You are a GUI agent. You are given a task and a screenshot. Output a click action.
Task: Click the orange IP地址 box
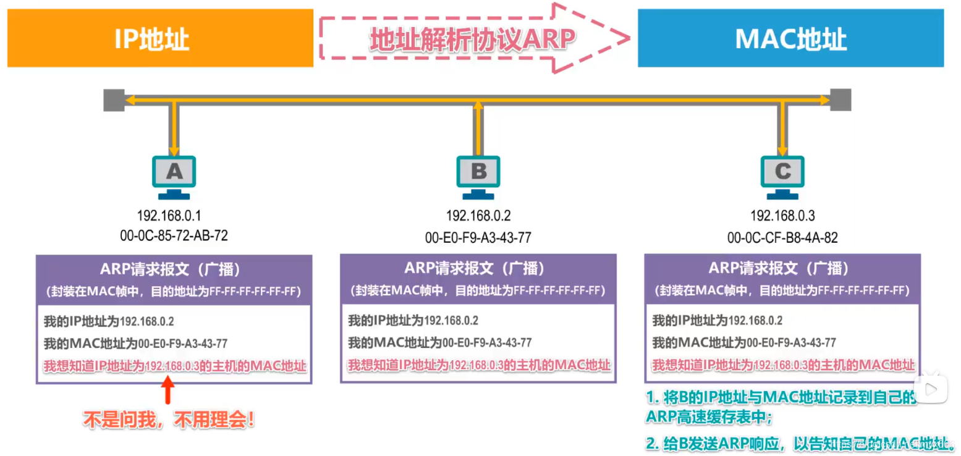(x=160, y=38)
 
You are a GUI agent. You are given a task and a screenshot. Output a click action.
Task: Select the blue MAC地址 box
(x=790, y=38)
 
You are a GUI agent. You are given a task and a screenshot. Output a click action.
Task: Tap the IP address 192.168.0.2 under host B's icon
(x=478, y=216)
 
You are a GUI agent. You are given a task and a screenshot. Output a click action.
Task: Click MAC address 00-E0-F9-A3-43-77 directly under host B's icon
(x=478, y=237)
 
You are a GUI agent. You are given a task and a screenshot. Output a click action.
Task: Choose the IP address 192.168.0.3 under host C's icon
(x=782, y=216)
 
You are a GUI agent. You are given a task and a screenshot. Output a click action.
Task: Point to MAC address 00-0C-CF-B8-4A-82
(x=782, y=237)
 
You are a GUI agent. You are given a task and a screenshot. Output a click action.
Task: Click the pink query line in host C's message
(x=782, y=365)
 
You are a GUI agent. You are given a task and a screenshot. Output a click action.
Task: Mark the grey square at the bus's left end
(x=113, y=99)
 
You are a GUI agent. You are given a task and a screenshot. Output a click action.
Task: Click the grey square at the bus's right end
(x=840, y=99)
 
